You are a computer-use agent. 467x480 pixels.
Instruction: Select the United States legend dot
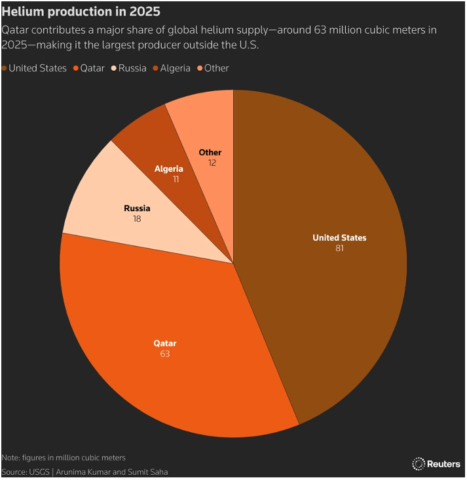pos(5,68)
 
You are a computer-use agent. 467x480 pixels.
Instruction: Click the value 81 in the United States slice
pos(339,248)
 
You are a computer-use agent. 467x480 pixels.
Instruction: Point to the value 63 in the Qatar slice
pos(165,353)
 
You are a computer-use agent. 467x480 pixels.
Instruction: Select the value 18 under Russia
pos(137,218)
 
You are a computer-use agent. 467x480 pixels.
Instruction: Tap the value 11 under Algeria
pos(176,178)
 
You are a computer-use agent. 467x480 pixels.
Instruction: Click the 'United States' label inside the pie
pos(339,237)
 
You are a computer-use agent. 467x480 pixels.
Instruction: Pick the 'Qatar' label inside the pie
pos(165,343)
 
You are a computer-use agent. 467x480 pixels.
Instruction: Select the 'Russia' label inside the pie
pos(137,209)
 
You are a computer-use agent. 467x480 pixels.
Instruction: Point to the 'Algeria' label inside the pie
pos(168,169)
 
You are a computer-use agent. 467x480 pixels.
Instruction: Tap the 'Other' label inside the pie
pos(210,153)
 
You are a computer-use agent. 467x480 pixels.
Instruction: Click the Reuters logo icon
pos(418,464)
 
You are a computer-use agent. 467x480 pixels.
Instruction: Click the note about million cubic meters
pos(64,458)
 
